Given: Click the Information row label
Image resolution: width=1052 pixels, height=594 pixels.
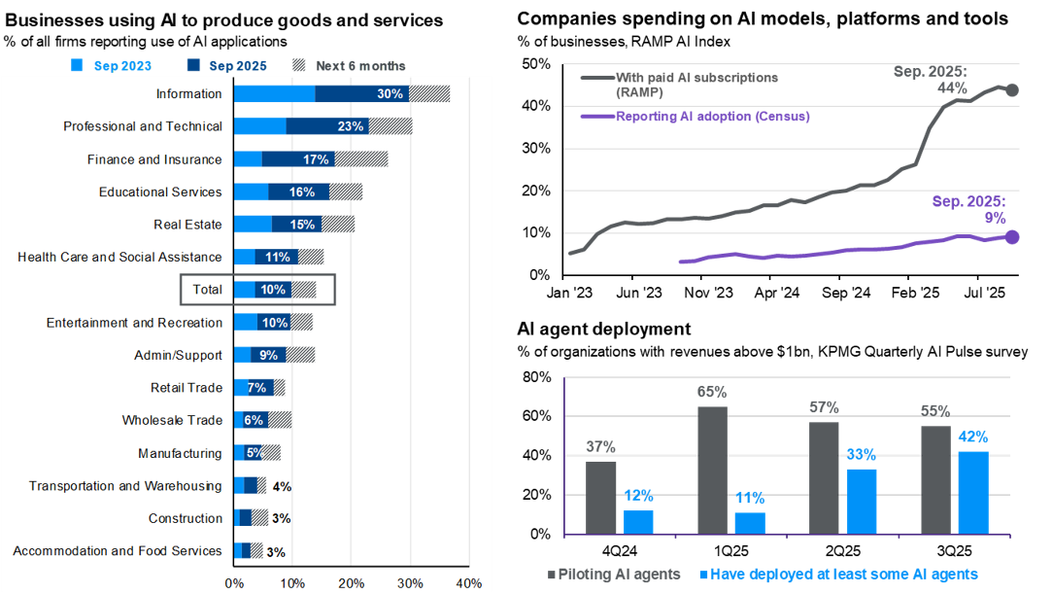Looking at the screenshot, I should (x=188, y=94).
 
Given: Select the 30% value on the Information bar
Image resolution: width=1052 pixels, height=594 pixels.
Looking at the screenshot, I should (x=390, y=94).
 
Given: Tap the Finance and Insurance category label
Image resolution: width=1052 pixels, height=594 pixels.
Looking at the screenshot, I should (x=153, y=159).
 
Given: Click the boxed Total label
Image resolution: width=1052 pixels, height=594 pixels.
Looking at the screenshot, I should (x=207, y=290).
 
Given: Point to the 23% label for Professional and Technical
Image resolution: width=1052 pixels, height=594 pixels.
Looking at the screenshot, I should (x=351, y=126).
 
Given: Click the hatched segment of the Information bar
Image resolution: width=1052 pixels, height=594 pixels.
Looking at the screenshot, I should (x=429, y=94).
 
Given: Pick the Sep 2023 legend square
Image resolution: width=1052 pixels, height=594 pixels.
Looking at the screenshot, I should (x=78, y=66).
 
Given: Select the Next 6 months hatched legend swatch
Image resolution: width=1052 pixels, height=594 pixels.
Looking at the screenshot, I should (x=299, y=66).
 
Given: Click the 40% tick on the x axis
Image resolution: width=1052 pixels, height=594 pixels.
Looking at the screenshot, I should (x=469, y=583).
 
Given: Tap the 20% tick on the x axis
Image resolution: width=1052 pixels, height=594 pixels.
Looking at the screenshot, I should (x=352, y=583).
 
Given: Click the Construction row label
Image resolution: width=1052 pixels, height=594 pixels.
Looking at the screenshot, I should (x=185, y=518).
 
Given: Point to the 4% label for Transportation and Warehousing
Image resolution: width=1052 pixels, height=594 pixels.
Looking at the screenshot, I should (x=282, y=486).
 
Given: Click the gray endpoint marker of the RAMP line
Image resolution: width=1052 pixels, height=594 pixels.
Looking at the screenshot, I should (x=1011, y=90).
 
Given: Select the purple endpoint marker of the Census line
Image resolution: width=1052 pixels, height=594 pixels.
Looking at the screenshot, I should (x=1011, y=236).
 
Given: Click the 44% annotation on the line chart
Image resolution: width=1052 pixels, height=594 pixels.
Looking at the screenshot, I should (x=952, y=88).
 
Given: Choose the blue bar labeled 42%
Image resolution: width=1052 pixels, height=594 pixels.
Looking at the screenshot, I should (x=973, y=492).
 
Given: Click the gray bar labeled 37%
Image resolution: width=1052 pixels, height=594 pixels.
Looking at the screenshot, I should (x=601, y=497).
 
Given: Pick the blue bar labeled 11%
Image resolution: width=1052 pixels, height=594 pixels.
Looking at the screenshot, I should (x=750, y=523).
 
